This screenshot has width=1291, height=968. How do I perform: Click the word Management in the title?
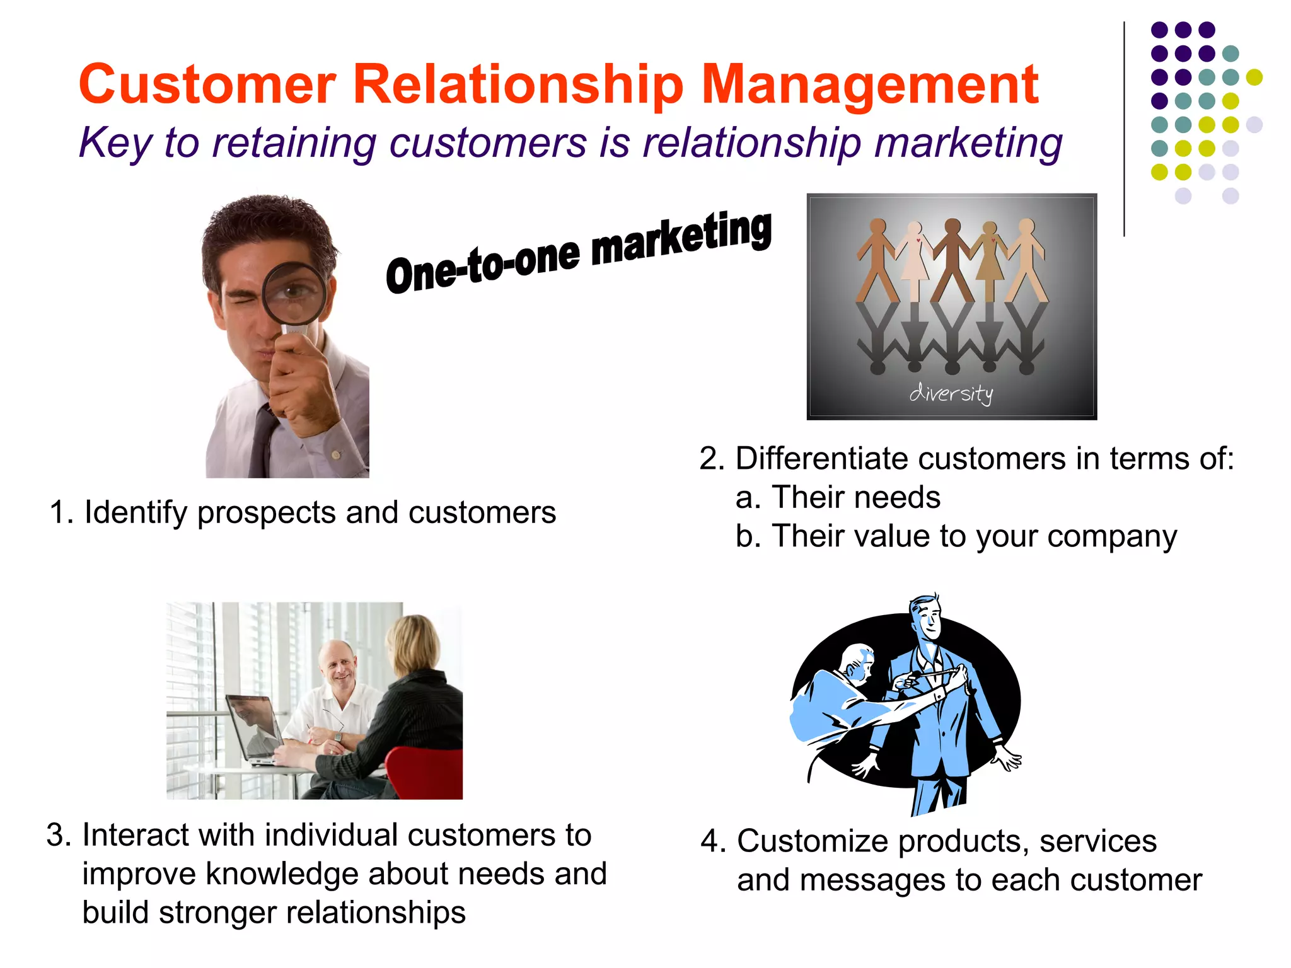coord(870,85)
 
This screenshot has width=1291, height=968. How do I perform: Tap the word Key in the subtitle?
coord(115,143)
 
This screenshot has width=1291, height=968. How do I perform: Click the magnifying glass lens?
coord(294,294)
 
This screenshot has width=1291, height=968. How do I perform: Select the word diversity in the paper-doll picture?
coord(951,393)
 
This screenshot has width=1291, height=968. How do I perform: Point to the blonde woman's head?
coord(413,643)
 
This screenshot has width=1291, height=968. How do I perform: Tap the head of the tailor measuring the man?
coord(857,665)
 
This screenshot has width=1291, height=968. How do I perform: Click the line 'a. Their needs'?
coord(838,497)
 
